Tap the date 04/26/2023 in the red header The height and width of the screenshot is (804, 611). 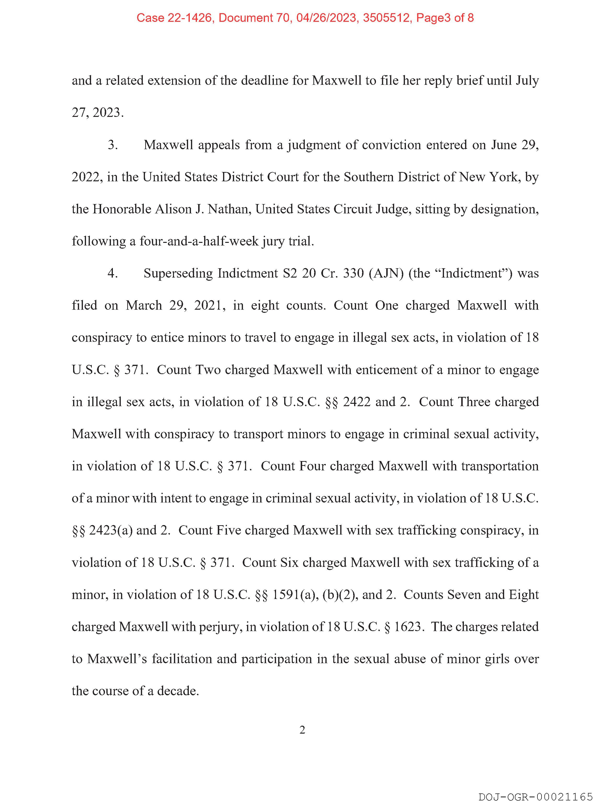click(326, 18)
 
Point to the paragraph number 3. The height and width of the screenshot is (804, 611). click(113, 145)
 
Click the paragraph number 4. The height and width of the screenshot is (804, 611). click(113, 273)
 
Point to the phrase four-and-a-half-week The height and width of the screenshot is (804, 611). click(199, 241)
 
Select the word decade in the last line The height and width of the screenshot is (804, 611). click(178, 690)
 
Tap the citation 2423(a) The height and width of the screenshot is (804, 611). click(110, 530)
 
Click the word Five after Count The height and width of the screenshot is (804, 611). click(229, 530)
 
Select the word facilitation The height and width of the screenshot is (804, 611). click(181, 659)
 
